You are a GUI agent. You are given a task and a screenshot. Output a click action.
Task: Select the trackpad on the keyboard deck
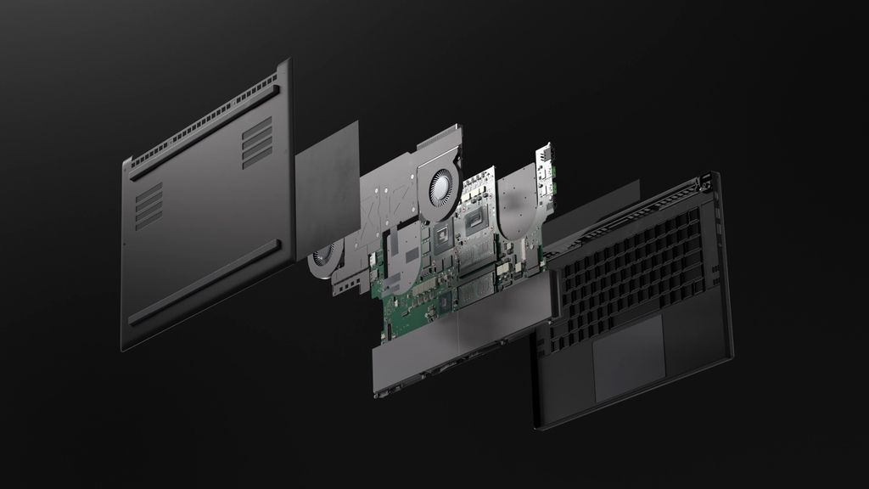coord(629,356)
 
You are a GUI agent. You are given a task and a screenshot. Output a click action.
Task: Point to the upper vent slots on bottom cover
coord(257,141)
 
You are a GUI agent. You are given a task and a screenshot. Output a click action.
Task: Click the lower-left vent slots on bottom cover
coord(149,205)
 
